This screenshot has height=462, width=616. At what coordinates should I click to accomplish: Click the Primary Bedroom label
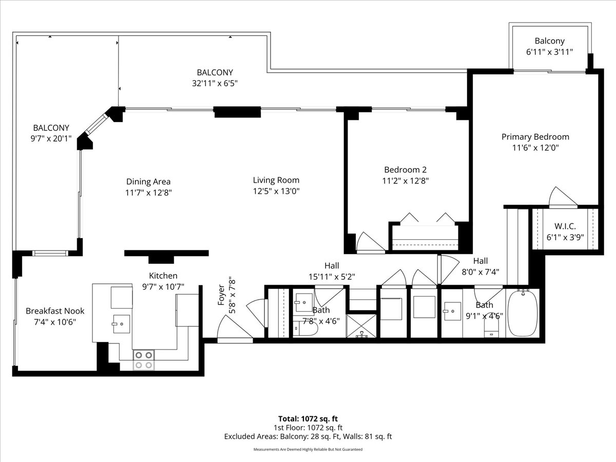535,137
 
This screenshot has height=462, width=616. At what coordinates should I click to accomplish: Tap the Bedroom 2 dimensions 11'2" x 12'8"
405,180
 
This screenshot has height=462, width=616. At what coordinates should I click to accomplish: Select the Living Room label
276,180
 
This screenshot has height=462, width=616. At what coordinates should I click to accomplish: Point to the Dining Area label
148,182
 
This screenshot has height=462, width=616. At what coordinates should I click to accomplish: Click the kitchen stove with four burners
144,359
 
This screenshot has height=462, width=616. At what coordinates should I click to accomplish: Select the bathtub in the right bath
523,313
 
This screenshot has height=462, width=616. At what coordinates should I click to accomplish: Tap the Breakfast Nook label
55,311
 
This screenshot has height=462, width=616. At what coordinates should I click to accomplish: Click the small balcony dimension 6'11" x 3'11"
549,51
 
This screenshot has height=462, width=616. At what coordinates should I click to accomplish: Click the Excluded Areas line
307,436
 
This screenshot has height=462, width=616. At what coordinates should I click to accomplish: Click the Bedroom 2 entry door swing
369,243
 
